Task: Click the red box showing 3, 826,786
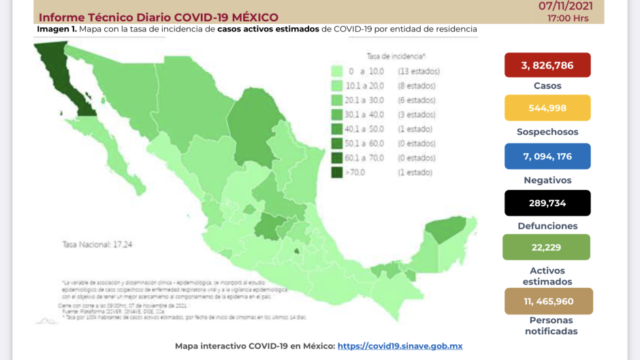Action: pos(547,65)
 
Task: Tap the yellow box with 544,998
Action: pos(547,108)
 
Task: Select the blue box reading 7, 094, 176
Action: pos(547,156)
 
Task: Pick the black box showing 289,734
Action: pos(547,203)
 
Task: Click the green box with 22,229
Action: pos(546,247)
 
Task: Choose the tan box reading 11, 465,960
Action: pos(549,301)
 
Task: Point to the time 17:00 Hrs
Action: pos(568,18)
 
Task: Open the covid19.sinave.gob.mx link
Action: pos(400,346)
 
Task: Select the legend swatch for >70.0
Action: pos(336,173)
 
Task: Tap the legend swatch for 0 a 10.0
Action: pos(336,71)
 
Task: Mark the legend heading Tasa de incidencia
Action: pos(396,55)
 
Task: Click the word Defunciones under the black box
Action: pos(547,226)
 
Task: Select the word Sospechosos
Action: pos(547,132)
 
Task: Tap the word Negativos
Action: pos(547,180)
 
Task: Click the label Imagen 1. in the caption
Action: pos(57,29)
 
